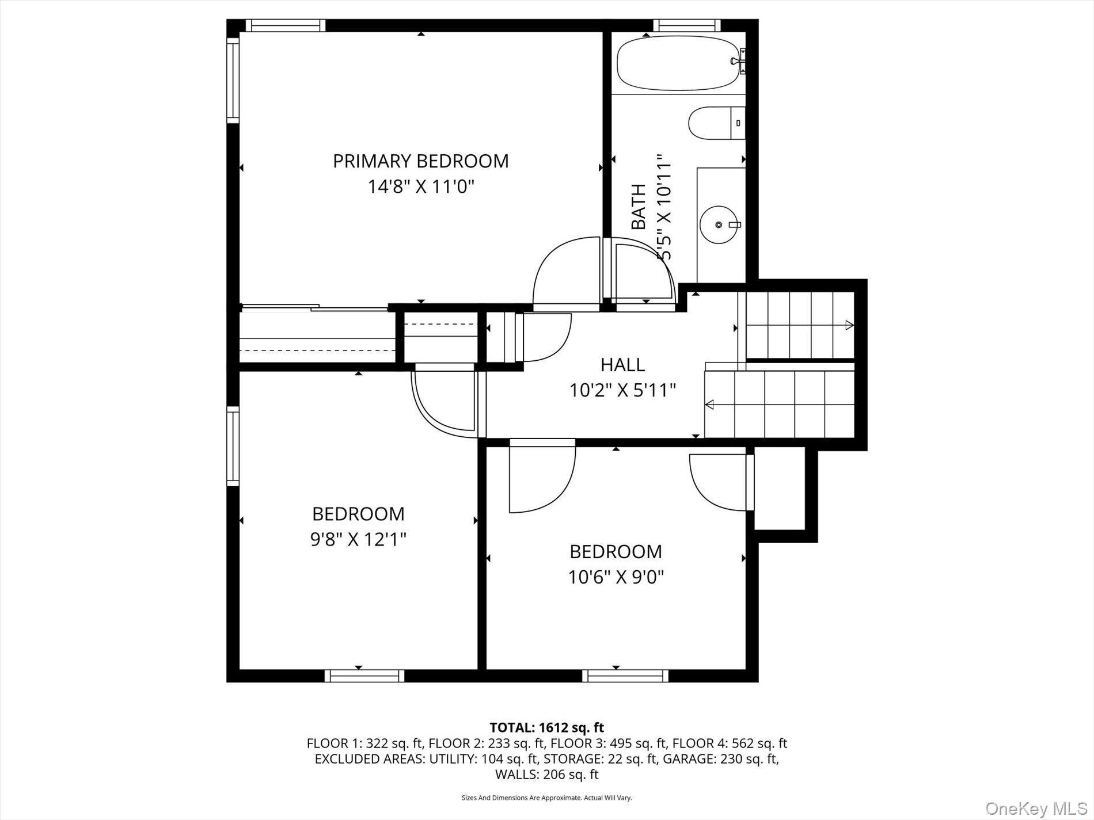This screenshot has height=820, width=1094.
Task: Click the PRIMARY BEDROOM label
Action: pyautogui.click(x=420, y=161)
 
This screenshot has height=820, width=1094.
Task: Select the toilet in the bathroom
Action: pyautogui.click(x=714, y=123)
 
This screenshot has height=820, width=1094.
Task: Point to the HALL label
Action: pyautogui.click(x=622, y=365)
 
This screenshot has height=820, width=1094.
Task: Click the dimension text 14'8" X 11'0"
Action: pyautogui.click(x=420, y=187)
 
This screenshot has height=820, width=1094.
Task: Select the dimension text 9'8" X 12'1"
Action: pyautogui.click(x=358, y=540)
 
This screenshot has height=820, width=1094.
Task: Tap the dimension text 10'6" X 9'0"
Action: pyautogui.click(x=616, y=577)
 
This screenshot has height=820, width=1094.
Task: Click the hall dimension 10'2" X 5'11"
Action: pyautogui.click(x=622, y=391)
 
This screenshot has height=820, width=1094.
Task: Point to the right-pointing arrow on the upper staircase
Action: pyautogui.click(x=849, y=325)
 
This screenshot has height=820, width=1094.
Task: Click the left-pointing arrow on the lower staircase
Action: pyautogui.click(x=710, y=405)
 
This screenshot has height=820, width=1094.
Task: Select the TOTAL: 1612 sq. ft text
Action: pyautogui.click(x=546, y=727)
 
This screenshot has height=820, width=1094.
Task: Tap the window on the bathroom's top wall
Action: pyautogui.click(x=686, y=25)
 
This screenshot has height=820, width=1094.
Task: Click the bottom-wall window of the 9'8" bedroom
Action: pyautogui.click(x=364, y=676)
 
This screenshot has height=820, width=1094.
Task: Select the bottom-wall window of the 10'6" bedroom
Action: pyautogui.click(x=625, y=676)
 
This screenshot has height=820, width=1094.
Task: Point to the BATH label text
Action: pyautogui.click(x=639, y=207)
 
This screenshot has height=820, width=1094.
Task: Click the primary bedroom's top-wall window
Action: pyautogui.click(x=285, y=25)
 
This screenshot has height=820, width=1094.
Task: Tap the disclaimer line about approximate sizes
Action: pyautogui.click(x=546, y=798)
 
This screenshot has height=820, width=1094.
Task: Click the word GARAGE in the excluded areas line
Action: pyautogui.click(x=689, y=759)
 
